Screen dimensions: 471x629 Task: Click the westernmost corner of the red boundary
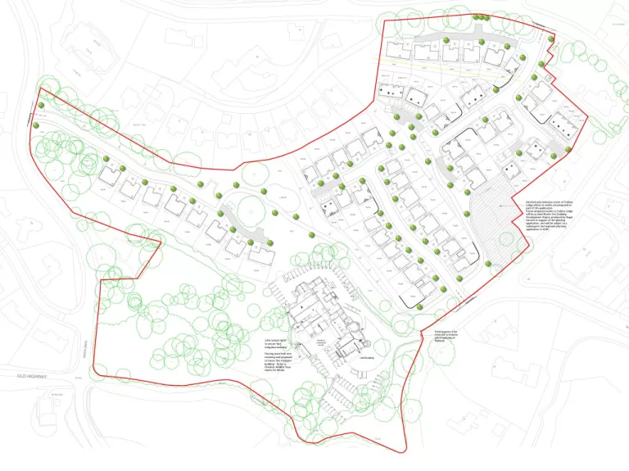point(38,89)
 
